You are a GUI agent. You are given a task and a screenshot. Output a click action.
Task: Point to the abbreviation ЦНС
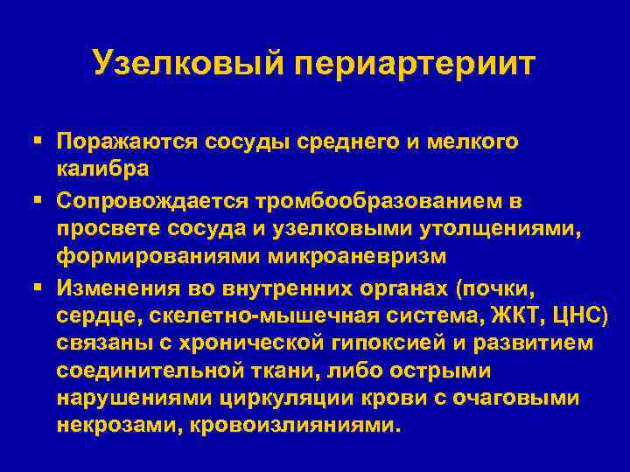tap(565, 316)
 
